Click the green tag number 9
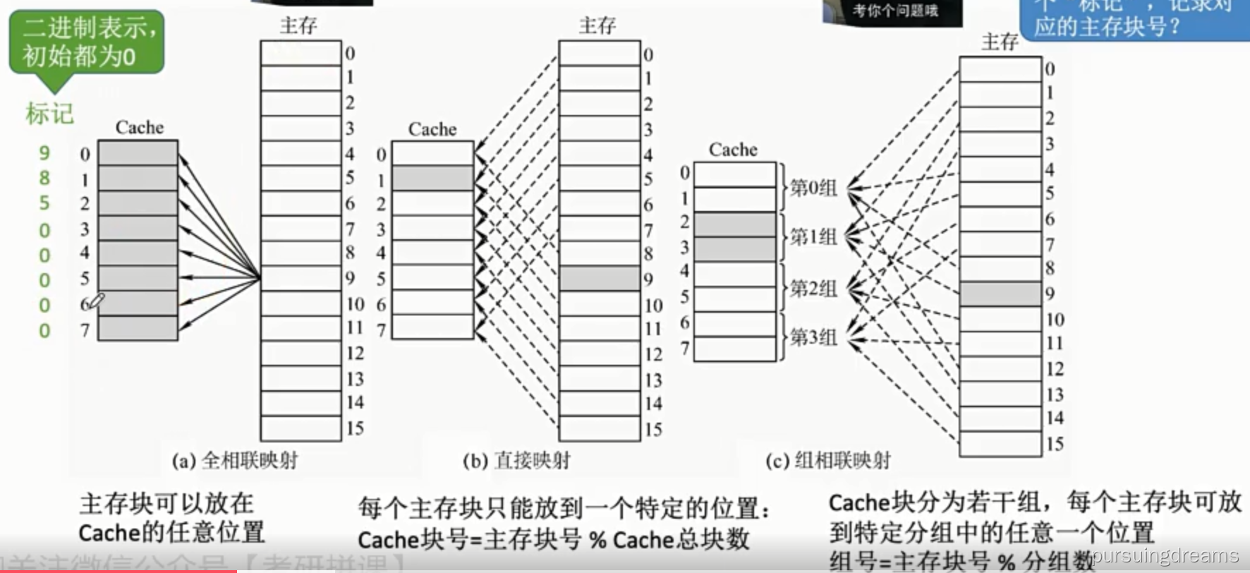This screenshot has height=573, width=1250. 44,152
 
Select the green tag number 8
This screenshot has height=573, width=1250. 44,178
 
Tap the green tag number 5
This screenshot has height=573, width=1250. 44,203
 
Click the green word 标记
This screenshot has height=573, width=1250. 49,114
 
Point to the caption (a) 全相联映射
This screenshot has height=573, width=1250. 235,461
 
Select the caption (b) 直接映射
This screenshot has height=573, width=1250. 516,461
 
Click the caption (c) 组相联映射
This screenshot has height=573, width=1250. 827,461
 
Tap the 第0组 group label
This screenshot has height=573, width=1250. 813,188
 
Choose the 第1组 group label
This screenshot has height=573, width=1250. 813,236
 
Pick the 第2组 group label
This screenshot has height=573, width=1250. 813,288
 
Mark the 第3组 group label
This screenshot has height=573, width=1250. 813,337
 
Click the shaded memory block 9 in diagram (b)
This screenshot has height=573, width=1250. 600,279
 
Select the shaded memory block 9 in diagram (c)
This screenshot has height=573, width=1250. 1000,294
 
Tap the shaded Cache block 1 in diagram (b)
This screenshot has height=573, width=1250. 432,179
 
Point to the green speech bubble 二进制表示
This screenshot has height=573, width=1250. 86,42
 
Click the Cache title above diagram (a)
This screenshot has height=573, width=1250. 140,128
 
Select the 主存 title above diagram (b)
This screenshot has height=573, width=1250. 597,26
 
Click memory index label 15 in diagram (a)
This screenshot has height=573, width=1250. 355,428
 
